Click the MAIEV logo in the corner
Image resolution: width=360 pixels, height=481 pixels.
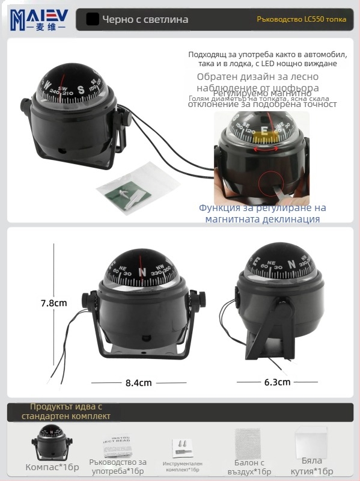pos(38,19)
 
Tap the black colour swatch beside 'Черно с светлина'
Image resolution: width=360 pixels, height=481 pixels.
pos(93,19)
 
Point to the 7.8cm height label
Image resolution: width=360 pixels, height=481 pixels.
pos(53,303)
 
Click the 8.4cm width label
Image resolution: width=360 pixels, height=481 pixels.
pos(138,382)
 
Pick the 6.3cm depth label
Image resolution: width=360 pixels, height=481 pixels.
pos(277,382)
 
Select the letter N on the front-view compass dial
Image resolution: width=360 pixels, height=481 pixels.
pos(142,271)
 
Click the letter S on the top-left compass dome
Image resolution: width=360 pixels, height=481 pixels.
pos(81,91)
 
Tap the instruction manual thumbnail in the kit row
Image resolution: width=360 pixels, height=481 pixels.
pos(117,444)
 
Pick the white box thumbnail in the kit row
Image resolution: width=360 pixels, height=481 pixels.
pos(311,443)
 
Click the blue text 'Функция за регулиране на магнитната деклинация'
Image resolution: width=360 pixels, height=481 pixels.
pos(262,213)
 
